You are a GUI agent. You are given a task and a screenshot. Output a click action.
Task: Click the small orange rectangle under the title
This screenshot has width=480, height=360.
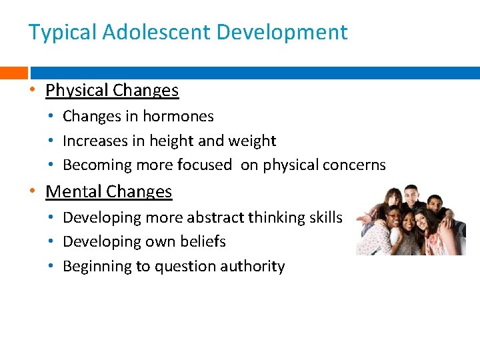click(13, 73)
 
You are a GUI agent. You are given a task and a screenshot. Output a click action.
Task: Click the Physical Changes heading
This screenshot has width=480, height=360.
click(112, 90)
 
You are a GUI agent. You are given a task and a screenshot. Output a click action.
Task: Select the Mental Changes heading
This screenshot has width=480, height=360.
click(109, 192)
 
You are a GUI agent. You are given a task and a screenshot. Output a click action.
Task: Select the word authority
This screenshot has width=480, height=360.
click(254, 266)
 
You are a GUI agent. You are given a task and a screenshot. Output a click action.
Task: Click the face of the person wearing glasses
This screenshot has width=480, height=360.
click(395, 219)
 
